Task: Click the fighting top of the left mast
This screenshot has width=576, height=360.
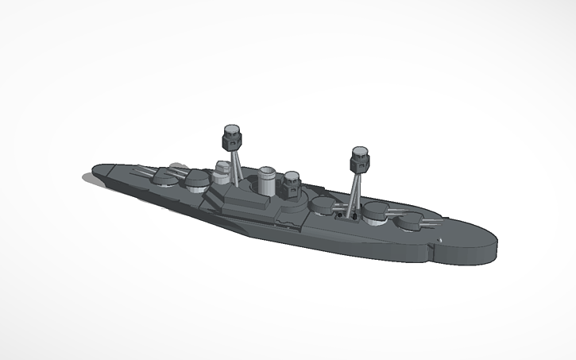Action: (231, 137)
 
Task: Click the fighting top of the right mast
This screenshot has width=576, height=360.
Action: (360, 159)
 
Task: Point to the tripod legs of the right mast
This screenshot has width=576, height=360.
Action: (355, 192)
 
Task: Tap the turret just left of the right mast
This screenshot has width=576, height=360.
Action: (325, 205)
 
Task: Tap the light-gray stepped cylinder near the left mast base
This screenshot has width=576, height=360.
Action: (224, 173)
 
